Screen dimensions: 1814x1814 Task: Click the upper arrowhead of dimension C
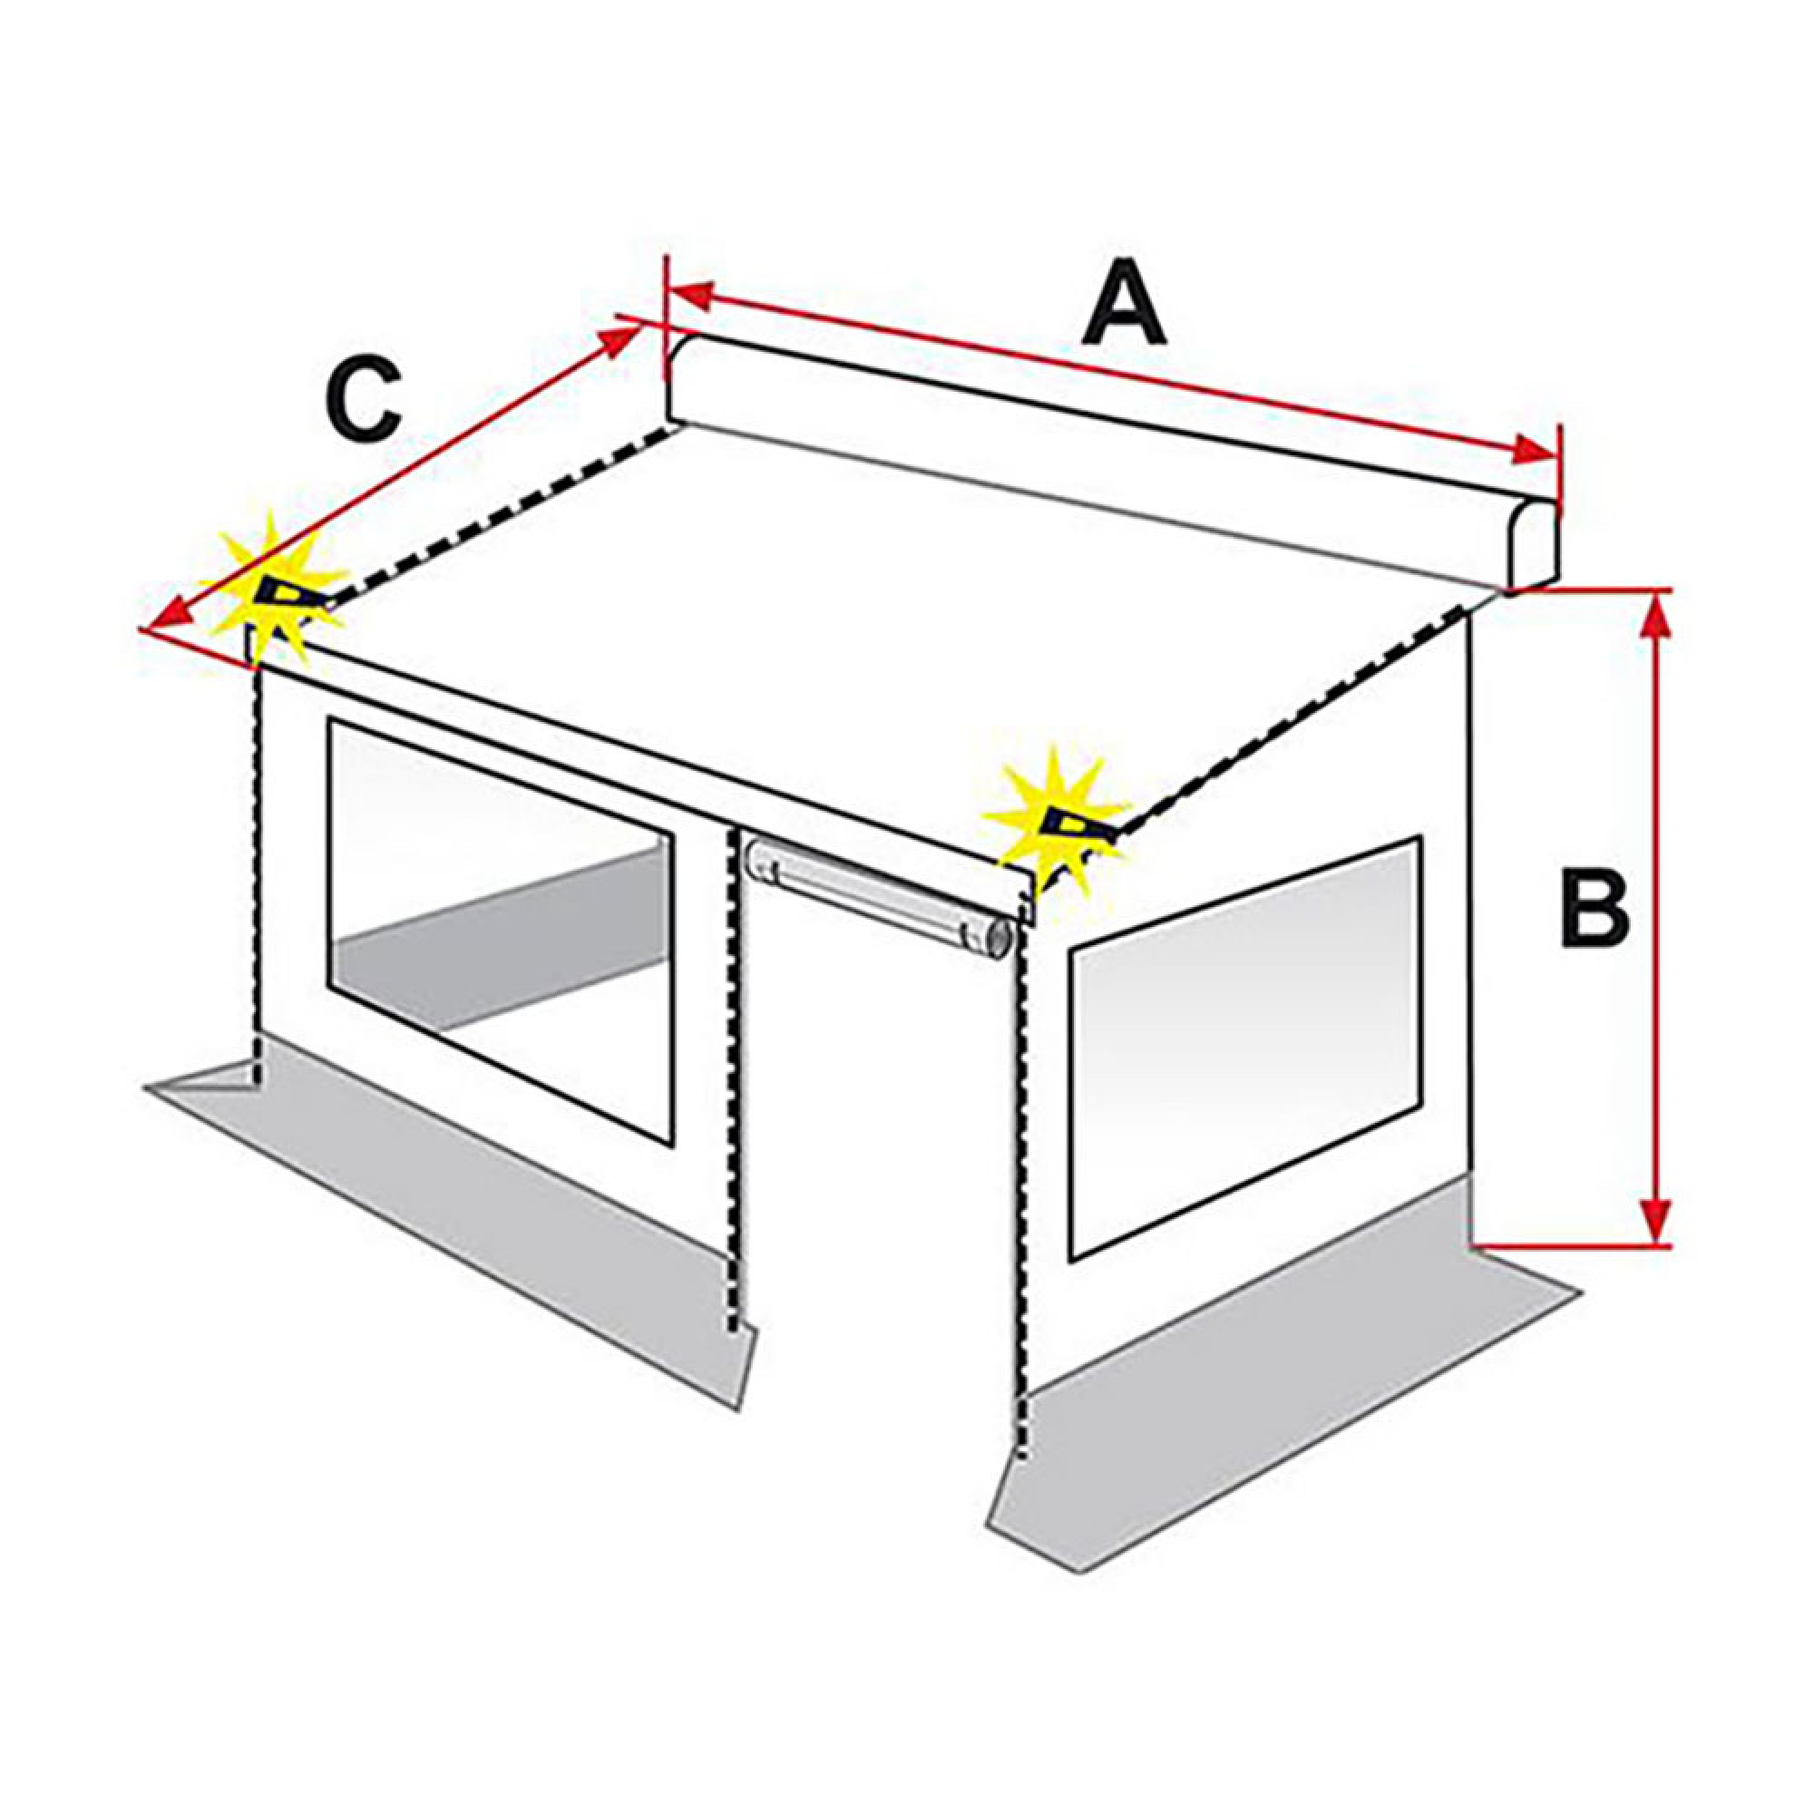(619, 339)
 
